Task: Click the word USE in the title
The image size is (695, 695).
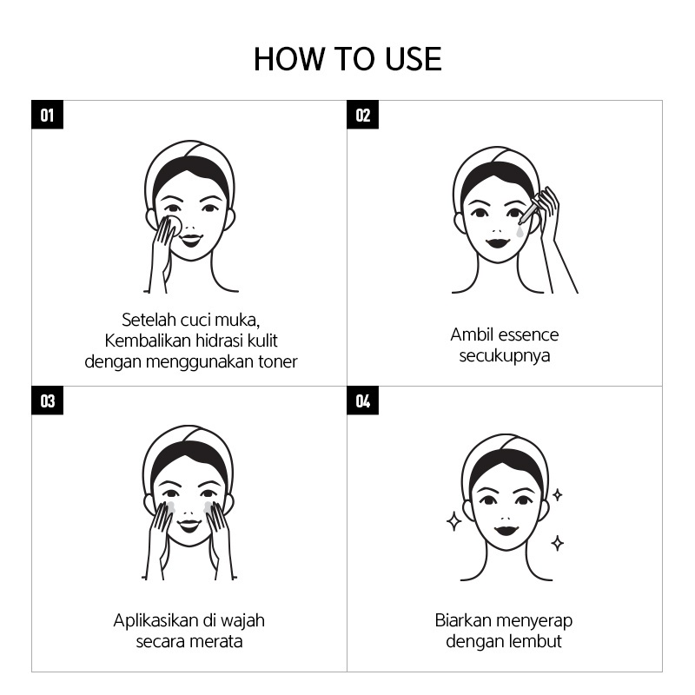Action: pyautogui.click(x=414, y=59)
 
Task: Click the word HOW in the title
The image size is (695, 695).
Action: pyautogui.click(x=289, y=59)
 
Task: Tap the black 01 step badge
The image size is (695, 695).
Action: pyautogui.click(x=48, y=115)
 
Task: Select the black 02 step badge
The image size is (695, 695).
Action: pyautogui.click(x=362, y=115)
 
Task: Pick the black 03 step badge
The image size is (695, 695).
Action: pyautogui.click(x=48, y=400)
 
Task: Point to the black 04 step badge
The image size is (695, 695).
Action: pyautogui.click(x=362, y=400)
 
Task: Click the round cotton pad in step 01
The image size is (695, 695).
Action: pyautogui.click(x=173, y=225)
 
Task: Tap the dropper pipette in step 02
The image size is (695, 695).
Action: pyautogui.click(x=530, y=210)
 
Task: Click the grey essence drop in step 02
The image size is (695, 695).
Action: pyautogui.click(x=520, y=231)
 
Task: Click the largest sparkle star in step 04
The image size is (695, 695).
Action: pyautogui.click(x=453, y=521)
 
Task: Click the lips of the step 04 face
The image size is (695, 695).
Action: pyautogui.click(x=506, y=529)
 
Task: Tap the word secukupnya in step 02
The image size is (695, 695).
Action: pyautogui.click(x=505, y=356)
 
